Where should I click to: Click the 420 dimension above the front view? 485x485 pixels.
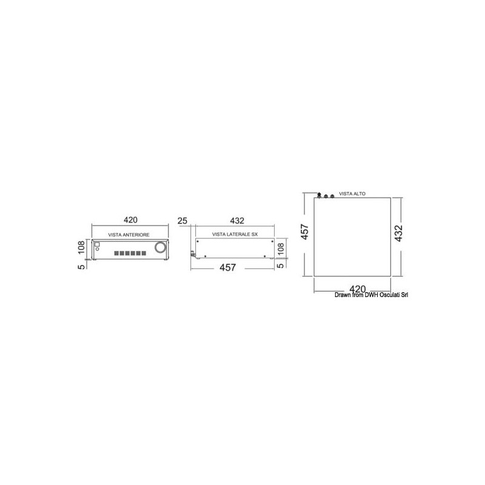click(x=130, y=220)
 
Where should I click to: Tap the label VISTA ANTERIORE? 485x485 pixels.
click(x=129, y=235)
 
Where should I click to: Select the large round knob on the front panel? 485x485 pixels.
click(x=160, y=247)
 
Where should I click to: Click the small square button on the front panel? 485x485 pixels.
click(x=96, y=244)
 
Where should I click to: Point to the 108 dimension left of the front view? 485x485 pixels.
click(x=81, y=247)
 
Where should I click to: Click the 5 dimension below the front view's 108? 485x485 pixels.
click(x=81, y=266)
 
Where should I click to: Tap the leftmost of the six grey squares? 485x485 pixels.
click(x=116, y=253)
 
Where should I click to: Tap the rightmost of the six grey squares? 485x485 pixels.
click(x=144, y=253)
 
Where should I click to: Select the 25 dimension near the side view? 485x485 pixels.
click(x=182, y=221)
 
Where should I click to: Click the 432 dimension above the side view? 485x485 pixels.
click(x=237, y=221)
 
